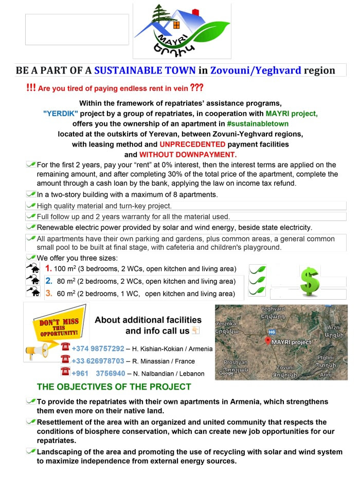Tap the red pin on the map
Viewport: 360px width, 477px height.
(x=267, y=341)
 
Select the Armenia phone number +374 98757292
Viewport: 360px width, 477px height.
(x=98, y=348)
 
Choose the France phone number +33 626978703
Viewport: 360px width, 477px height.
(x=98, y=361)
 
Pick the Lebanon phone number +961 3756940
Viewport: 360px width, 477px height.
(x=98, y=374)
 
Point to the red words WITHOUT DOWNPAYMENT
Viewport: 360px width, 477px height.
(x=188, y=154)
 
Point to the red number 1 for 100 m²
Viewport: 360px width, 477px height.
(x=48, y=268)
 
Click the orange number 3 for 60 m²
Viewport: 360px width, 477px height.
(x=48, y=293)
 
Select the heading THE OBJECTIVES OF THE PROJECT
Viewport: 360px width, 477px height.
(x=114, y=387)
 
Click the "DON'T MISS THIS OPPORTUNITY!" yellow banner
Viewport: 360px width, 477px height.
(x=58, y=328)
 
